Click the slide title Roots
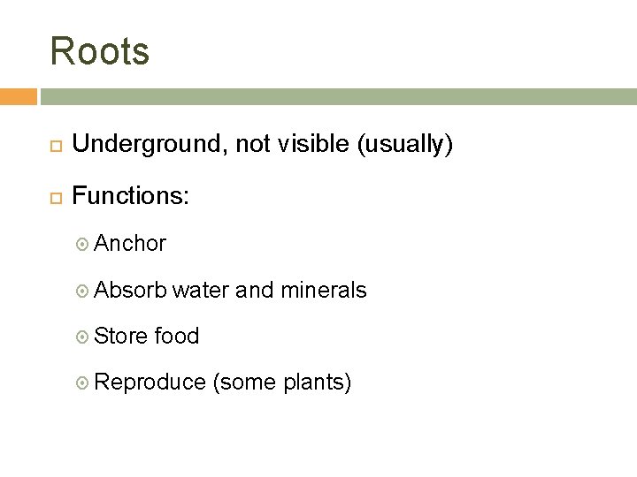[100, 51]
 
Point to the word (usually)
[405, 145]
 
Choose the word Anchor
[130, 243]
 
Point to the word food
[177, 336]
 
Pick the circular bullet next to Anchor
[84, 244]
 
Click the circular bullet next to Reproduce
[84, 383]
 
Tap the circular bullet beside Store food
[84, 337]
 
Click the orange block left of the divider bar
[19, 95]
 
